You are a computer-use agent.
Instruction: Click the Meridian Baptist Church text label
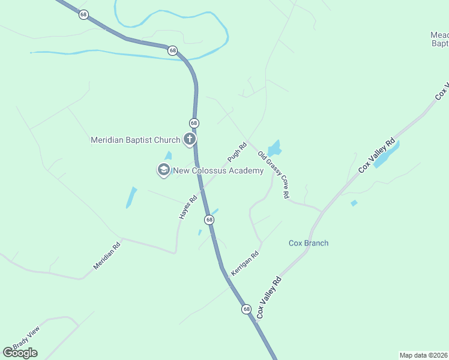pos(135,140)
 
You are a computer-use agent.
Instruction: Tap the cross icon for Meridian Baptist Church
pos(190,140)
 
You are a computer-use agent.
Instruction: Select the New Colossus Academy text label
pos(218,171)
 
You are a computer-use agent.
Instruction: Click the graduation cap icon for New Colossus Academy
pos(163,170)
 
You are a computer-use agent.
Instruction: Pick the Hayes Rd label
pos(188,207)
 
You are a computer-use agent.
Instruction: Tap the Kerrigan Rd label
pos(245,263)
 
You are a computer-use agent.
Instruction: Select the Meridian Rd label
pos(107,255)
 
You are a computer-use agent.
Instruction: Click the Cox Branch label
pos(309,243)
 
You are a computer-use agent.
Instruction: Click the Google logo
pos(20,353)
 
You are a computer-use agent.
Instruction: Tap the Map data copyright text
pos(424,355)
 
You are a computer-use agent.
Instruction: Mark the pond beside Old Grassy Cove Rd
pos(274,148)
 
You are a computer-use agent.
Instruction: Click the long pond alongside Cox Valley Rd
pos(387,155)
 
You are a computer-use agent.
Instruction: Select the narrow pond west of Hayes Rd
pos(131,197)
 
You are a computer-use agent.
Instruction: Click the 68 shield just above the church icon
pos(194,123)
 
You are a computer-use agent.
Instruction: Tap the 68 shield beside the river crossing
pos(173,50)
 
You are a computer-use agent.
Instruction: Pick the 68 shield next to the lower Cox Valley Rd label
pos(247,309)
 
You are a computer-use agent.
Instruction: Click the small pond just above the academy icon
pos(169,156)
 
